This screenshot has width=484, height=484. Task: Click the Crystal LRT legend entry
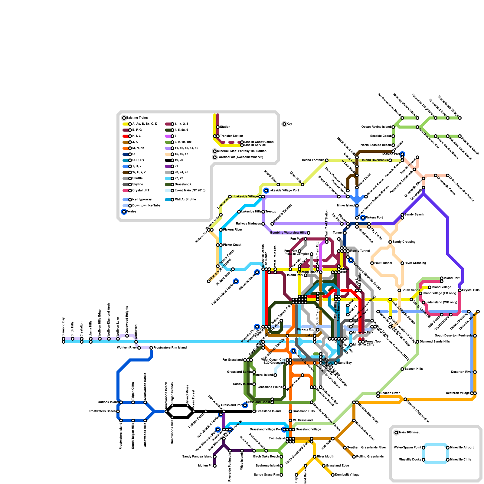click(x=141, y=191)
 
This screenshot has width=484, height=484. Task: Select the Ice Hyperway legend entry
click(x=142, y=200)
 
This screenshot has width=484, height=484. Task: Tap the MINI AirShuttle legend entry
click(x=185, y=200)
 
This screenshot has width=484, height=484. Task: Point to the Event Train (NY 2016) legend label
click(x=190, y=191)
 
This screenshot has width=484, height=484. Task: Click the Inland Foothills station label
click(x=313, y=160)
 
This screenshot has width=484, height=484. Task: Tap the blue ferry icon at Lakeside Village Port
click(x=266, y=191)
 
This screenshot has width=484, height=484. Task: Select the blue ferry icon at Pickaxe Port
click(x=363, y=218)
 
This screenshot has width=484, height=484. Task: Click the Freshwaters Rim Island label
click(x=170, y=348)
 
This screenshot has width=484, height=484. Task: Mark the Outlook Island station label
click(x=108, y=402)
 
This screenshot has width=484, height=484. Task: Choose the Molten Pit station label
click(x=205, y=466)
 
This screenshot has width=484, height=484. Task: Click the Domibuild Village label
click(x=347, y=475)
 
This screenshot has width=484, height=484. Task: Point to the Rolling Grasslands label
click(x=370, y=457)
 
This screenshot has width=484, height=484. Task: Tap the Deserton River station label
click(x=462, y=372)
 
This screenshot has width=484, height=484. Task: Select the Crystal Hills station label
click(x=471, y=290)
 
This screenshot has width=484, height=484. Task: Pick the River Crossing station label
click(x=415, y=263)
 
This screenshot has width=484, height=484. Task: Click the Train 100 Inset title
click(x=409, y=433)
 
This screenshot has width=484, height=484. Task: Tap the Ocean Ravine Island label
click(x=376, y=127)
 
